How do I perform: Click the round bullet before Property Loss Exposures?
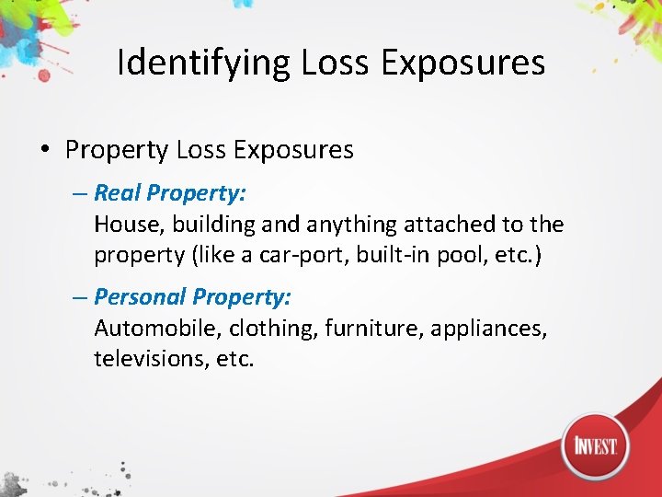(44, 150)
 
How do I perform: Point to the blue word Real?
(118, 193)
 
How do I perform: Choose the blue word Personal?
(140, 296)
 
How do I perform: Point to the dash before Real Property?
(80, 193)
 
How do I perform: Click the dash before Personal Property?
(80, 296)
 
